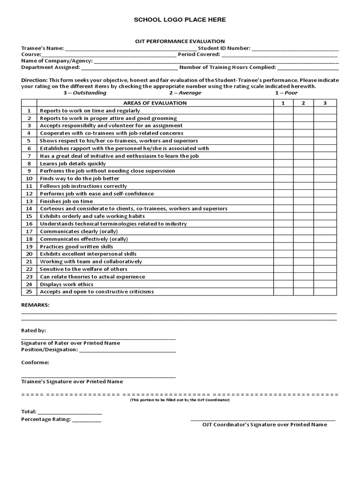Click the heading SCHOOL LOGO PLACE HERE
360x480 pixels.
click(180, 20)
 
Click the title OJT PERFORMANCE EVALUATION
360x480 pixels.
click(180, 41)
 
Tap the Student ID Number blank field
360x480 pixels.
click(295, 48)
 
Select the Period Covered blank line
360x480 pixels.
click(279, 55)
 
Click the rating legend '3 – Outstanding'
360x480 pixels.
click(85, 93)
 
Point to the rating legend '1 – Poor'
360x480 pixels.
click(286, 93)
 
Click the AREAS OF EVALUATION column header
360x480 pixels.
click(155, 103)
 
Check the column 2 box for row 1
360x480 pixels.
click(303, 111)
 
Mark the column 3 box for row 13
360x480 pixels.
click(325, 201)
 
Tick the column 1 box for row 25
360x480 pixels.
click(283, 292)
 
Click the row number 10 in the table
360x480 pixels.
click(29, 179)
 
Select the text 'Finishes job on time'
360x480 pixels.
click(66, 201)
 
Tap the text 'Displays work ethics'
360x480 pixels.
click(67, 284)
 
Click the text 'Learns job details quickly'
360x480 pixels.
click(73, 164)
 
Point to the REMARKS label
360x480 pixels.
click(35, 305)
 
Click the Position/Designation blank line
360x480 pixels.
click(127, 350)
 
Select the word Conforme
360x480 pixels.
click(35, 362)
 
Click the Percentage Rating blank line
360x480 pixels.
click(86, 420)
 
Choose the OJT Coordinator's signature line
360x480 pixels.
click(263, 419)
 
